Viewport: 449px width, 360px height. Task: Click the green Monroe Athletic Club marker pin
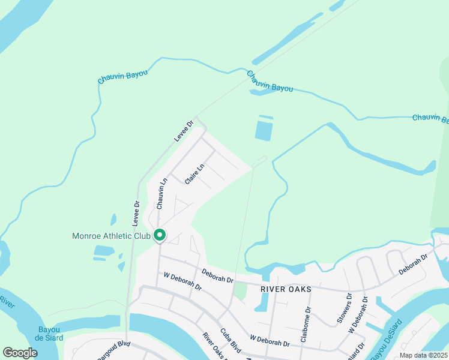(159, 235)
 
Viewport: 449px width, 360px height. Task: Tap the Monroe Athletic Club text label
(110, 236)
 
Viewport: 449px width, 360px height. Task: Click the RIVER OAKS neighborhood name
(286, 289)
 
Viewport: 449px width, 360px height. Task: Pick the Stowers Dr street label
(344, 308)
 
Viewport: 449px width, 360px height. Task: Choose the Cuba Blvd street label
(231, 341)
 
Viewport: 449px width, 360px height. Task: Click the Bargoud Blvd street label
(113, 351)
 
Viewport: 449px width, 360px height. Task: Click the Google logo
(20, 353)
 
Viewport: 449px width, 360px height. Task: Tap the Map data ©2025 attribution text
(423, 355)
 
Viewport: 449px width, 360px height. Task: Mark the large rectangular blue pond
(264, 130)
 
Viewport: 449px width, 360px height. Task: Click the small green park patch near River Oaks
(240, 292)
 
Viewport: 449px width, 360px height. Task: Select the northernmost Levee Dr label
(184, 131)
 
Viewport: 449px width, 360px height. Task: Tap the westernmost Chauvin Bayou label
(122, 79)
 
